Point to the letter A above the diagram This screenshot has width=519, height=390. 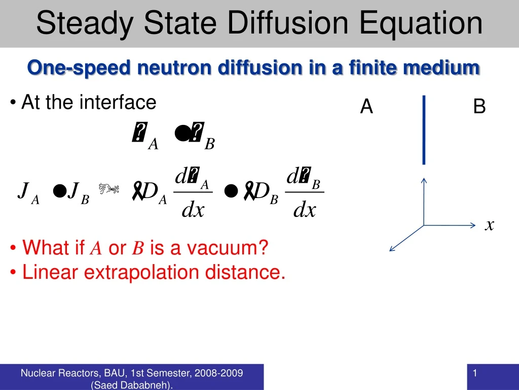[x=366, y=107]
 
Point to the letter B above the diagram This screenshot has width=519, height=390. [x=479, y=107]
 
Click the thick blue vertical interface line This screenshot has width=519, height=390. [x=424, y=130]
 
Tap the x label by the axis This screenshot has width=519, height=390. [x=489, y=224]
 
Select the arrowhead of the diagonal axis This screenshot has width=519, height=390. [x=391, y=249]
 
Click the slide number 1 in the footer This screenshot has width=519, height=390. [x=475, y=374]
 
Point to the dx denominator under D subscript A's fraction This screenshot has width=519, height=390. [x=193, y=209]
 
